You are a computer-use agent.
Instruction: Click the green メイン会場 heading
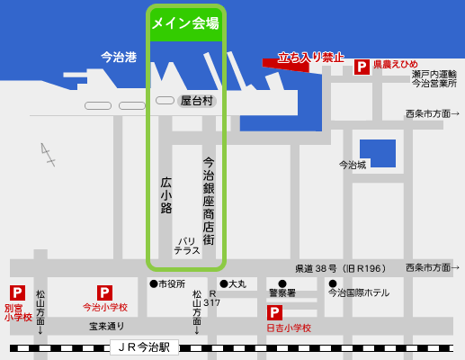(185, 23)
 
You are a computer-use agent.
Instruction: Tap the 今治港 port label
(119, 57)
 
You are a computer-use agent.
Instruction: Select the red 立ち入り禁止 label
(311, 58)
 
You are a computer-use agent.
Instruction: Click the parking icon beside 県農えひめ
(362, 67)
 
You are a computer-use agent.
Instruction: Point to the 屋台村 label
(197, 101)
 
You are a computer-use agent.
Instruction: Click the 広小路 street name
(166, 194)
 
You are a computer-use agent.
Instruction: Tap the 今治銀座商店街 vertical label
(209, 202)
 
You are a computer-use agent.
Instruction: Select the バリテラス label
(187, 246)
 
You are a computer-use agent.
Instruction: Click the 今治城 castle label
(353, 165)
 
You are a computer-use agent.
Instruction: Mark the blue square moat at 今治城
(377, 153)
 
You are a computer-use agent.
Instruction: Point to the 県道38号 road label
(340, 268)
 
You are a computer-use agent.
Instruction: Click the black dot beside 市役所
(154, 284)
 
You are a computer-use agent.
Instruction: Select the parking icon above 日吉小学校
(274, 312)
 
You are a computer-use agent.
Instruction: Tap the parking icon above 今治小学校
(104, 292)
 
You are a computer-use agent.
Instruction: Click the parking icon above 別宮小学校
(17, 292)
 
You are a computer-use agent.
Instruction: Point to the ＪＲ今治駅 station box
(144, 346)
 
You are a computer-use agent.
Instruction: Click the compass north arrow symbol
(47, 154)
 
